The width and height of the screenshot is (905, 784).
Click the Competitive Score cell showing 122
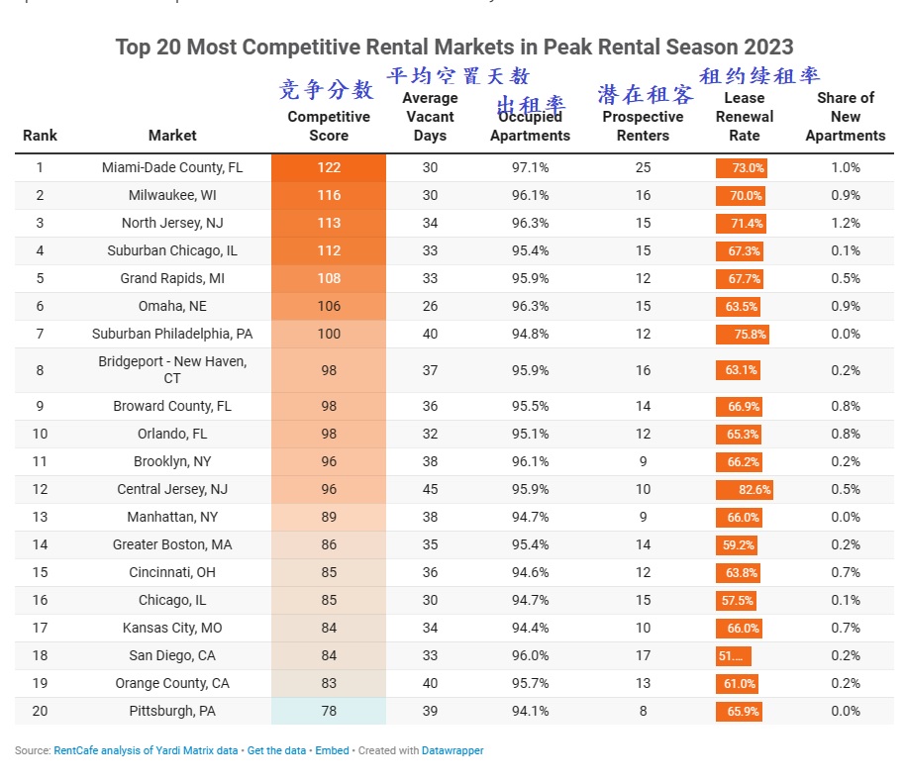click(x=328, y=168)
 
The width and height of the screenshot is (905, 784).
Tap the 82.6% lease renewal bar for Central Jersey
click(x=744, y=489)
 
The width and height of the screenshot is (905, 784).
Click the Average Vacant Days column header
click(x=430, y=117)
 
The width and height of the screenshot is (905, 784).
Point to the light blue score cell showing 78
click(x=328, y=711)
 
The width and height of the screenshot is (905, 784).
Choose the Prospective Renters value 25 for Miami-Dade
click(x=643, y=168)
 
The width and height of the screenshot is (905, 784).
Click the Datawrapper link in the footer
click(x=452, y=751)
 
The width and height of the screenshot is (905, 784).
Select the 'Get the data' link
click(x=276, y=751)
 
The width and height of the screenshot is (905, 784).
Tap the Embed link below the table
click(x=332, y=751)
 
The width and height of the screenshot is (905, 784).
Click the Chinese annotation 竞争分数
click(x=327, y=90)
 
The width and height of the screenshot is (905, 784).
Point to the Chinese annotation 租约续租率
click(x=759, y=76)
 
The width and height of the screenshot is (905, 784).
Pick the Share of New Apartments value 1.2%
click(x=845, y=224)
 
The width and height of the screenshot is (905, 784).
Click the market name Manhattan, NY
click(x=172, y=517)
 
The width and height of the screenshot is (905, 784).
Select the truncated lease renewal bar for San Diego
click(x=733, y=655)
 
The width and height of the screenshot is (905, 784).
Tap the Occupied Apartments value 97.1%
click(x=530, y=168)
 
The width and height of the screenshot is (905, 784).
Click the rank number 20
click(x=40, y=711)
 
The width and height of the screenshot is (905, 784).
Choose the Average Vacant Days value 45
click(x=430, y=489)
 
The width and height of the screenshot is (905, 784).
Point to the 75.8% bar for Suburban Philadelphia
click(x=742, y=335)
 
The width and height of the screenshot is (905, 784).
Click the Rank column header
click(x=40, y=136)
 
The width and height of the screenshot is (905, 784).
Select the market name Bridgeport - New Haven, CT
click(x=172, y=370)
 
